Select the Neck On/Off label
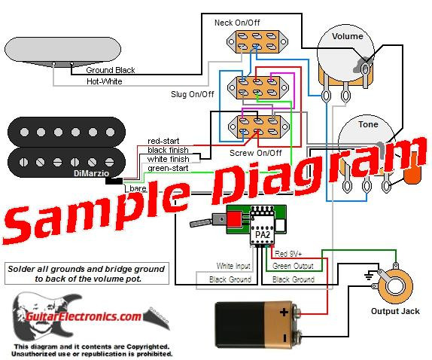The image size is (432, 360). click(237, 23)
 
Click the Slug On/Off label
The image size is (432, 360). click(191, 95)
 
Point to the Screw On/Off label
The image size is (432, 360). click(257, 153)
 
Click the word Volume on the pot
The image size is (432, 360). click(347, 36)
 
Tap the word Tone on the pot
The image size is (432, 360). click(368, 125)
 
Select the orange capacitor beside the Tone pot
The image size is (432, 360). click(412, 178)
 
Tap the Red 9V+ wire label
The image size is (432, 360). click(292, 254)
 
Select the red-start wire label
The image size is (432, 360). click(163, 141)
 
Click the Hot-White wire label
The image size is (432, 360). click(105, 81)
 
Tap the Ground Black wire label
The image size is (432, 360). click(110, 70)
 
